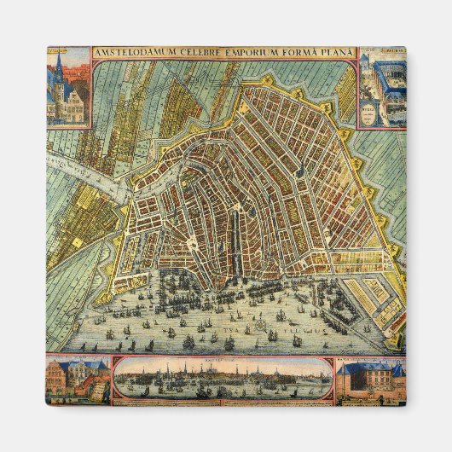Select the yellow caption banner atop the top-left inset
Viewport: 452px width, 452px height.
tap(68, 50)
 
